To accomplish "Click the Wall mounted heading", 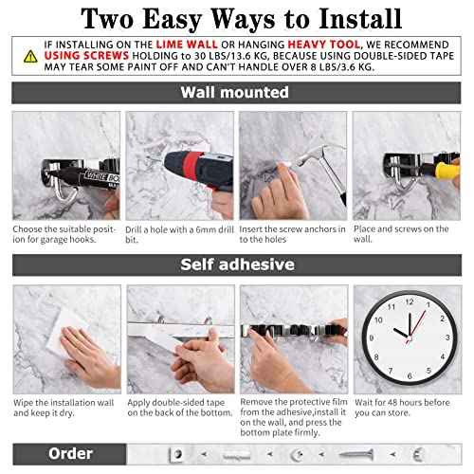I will click(235, 92).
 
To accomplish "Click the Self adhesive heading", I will click(235, 265).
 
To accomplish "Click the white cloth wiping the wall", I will click(57, 332).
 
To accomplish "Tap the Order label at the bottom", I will click(70, 453).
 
